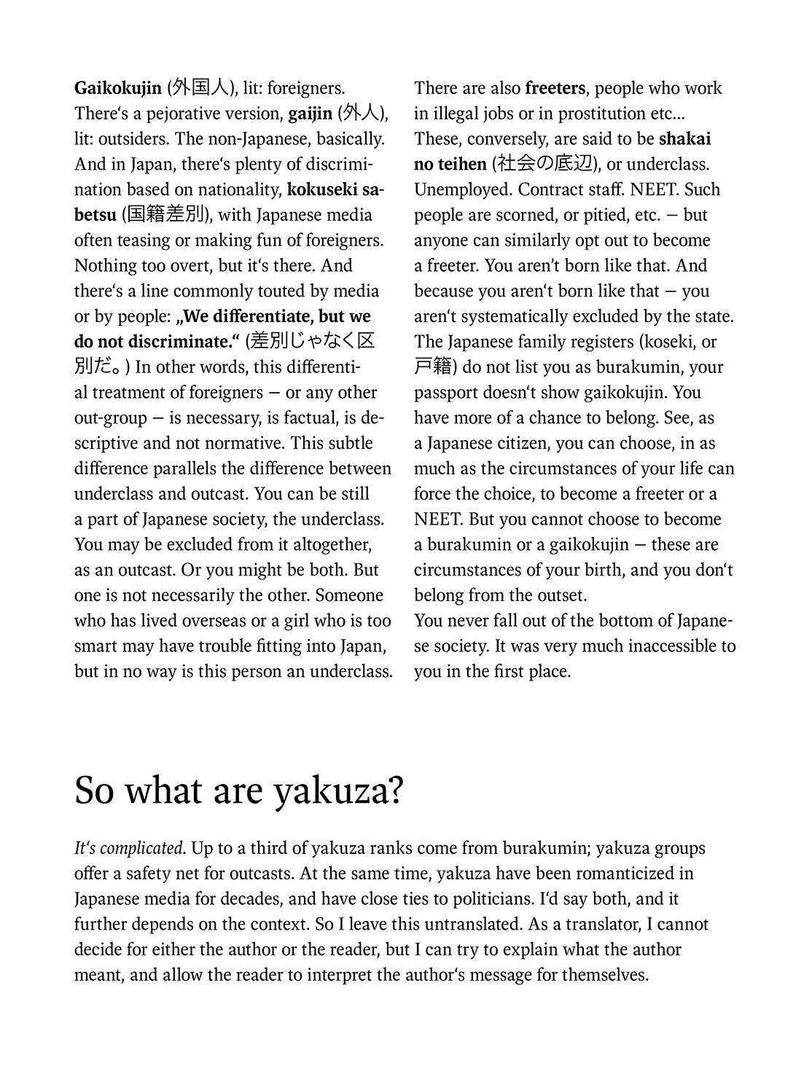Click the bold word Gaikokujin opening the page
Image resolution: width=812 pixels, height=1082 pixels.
click(x=118, y=89)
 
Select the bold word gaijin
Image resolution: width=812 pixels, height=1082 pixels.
click(x=311, y=114)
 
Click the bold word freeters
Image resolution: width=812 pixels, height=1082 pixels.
click(x=555, y=89)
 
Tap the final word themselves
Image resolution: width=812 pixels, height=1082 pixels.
click(x=605, y=975)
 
